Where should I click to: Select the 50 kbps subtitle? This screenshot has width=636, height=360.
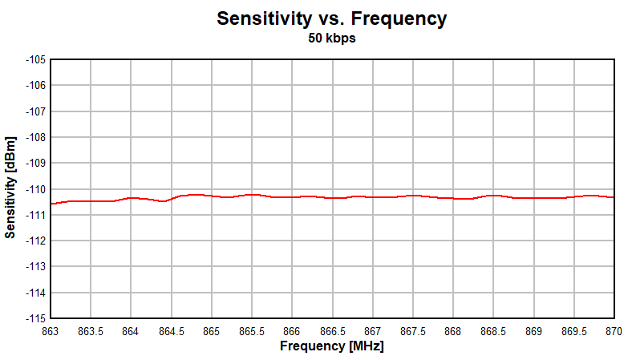click(331, 38)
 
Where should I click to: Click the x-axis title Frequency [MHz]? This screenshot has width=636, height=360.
click(331, 346)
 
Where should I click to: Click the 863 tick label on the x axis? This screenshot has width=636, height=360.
click(51, 331)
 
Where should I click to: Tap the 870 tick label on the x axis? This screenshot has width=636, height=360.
click(614, 331)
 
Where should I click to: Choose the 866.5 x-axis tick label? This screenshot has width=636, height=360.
click(332, 331)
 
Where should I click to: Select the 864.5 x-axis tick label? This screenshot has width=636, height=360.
click(171, 331)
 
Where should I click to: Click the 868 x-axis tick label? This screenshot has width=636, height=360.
click(453, 331)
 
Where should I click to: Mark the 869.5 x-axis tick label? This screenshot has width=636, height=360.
click(573, 331)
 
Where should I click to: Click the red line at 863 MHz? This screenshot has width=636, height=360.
click(51, 204)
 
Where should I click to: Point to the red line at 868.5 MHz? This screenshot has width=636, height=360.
click(493, 195)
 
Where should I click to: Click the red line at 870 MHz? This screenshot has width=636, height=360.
click(613, 197)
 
